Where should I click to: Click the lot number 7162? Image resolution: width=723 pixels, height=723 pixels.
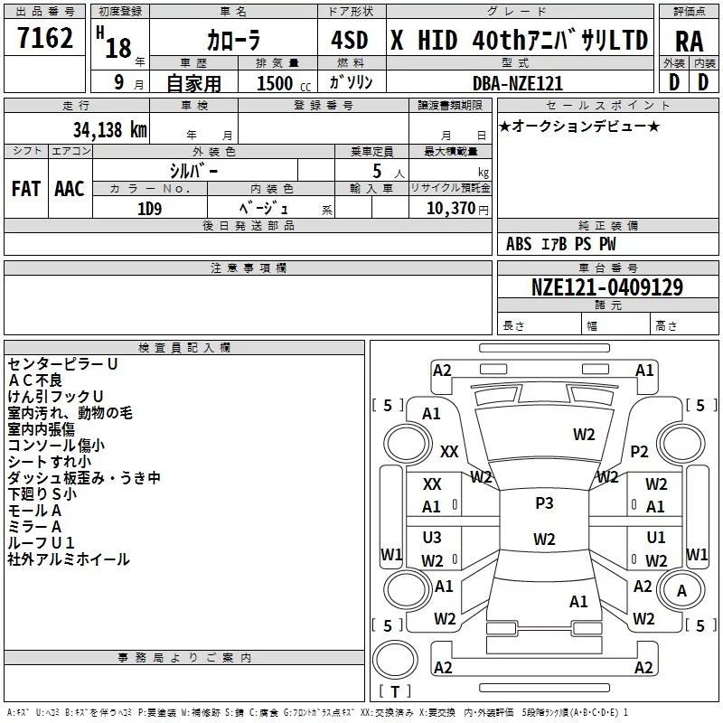tap(45, 38)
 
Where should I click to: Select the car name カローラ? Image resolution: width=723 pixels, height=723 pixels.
tap(233, 40)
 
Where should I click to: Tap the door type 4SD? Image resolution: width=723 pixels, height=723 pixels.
tap(350, 40)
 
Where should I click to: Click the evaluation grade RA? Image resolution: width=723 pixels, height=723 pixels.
tap(690, 42)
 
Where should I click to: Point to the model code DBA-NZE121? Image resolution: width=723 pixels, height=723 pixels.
tap(518, 83)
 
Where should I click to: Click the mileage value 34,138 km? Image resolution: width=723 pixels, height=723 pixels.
tap(109, 130)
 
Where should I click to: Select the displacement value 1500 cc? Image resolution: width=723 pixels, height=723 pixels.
tap(284, 83)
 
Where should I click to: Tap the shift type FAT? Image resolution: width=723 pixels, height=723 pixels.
tap(26, 189)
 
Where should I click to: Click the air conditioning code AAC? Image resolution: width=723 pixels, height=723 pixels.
tap(70, 189)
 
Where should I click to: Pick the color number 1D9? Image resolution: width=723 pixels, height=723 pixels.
tap(149, 209)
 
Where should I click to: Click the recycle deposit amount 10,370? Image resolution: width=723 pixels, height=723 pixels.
tap(450, 209)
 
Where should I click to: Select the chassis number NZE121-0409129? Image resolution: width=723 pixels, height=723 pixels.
tap(607, 287)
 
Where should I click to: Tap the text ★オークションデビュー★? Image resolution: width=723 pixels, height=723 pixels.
tap(579, 127)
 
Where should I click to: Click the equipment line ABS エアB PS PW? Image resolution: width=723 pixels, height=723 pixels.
tap(560, 244)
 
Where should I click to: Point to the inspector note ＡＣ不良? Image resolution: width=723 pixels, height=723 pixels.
tap(35, 380)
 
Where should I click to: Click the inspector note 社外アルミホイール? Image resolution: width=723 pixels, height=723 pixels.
tap(69, 559)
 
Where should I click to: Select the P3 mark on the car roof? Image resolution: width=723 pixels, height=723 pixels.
tap(544, 503)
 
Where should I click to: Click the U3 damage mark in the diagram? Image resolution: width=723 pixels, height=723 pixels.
tap(432, 538)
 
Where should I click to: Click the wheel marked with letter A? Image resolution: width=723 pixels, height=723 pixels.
tap(681, 590)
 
